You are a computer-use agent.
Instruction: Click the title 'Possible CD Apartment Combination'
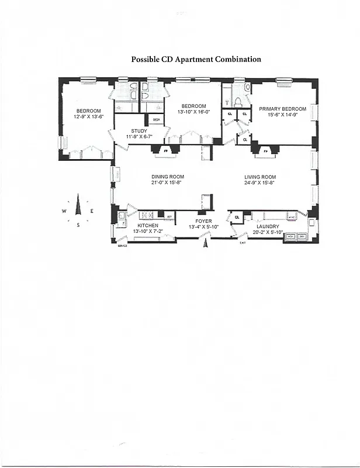click(x=196, y=60)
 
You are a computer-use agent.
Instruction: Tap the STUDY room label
click(x=139, y=131)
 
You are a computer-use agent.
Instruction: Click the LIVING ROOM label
click(x=260, y=177)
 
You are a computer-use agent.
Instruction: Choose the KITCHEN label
click(x=148, y=225)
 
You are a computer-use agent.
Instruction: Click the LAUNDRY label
click(x=267, y=226)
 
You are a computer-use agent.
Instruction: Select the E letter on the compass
click(x=92, y=211)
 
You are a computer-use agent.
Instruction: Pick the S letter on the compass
click(x=78, y=225)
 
